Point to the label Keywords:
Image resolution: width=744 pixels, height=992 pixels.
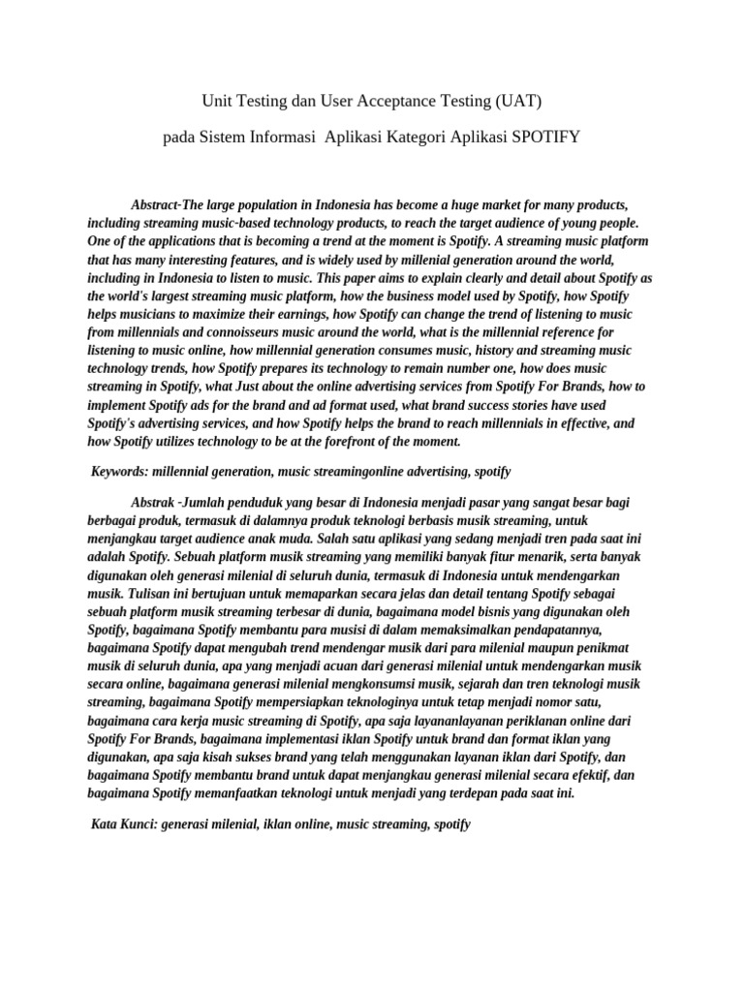tap(121, 471)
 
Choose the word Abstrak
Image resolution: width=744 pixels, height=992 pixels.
tap(152, 501)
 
